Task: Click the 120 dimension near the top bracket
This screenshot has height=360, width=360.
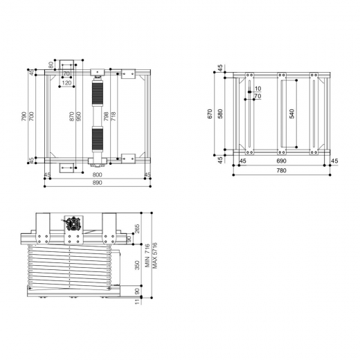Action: click(x=66, y=83)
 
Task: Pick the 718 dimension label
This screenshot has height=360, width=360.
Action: click(x=114, y=116)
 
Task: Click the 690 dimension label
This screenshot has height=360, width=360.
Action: click(x=281, y=161)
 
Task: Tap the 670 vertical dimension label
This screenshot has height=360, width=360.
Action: click(x=210, y=113)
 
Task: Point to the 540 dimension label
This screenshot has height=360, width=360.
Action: click(x=292, y=113)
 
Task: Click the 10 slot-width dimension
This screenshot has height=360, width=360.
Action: click(x=258, y=89)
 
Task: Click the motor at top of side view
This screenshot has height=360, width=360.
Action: click(x=72, y=224)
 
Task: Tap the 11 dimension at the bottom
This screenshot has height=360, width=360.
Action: click(x=137, y=300)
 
